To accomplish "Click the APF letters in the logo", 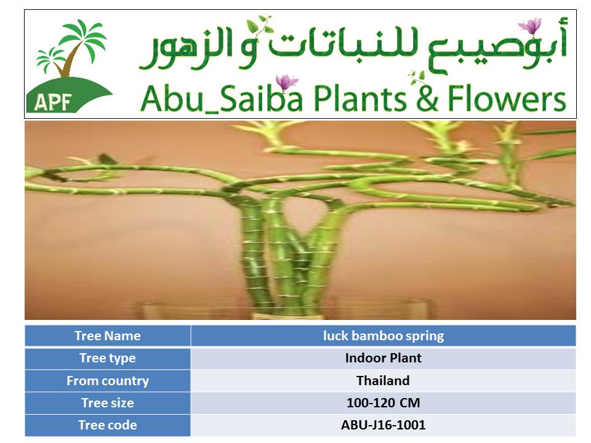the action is [53, 102].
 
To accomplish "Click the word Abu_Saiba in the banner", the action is [222, 98].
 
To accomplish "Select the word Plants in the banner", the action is [360, 98].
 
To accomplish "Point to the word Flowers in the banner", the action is [507, 98].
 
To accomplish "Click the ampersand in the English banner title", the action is [427, 98].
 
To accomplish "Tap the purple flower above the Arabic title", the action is [530, 26].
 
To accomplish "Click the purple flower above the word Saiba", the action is [286, 82].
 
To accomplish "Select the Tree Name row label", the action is [107, 336].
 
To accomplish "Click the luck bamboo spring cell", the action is [384, 336].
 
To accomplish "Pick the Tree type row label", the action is [107, 358].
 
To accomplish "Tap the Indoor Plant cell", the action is [384, 358].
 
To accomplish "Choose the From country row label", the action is [107, 380].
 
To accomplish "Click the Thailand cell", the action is [384, 380].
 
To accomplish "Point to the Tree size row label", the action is [107, 402].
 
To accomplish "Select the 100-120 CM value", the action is [384, 402].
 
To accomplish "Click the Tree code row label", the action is [107, 425].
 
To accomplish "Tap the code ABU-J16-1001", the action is [384, 425].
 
